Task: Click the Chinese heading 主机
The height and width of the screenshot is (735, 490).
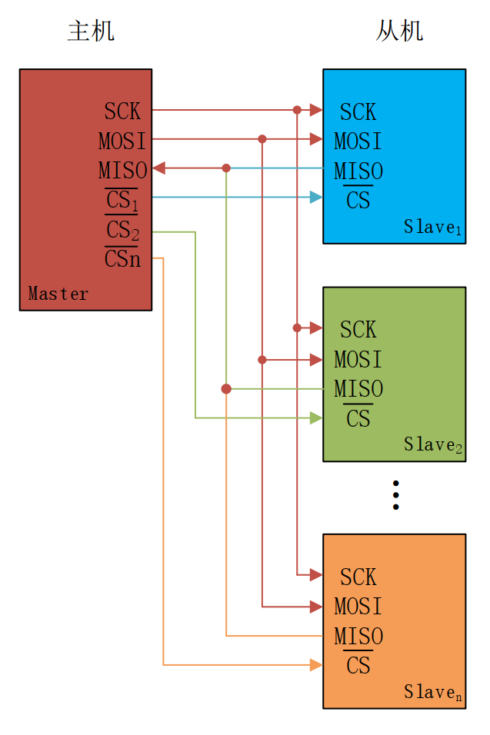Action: (x=91, y=31)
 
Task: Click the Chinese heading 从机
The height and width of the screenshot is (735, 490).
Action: (x=399, y=31)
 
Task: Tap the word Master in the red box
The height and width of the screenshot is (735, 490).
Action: (x=58, y=294)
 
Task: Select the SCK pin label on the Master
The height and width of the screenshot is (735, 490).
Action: (x=122, y=111)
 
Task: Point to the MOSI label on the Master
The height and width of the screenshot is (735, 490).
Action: (x=122, y=141)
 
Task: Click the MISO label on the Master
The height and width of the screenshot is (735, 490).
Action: (x=123, y=170)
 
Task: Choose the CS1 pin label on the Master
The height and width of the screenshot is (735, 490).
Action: (x=122, y=200)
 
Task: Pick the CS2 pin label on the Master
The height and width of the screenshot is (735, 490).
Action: (x=122, y=229)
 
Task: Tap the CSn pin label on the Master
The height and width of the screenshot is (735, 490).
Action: (x=122, y=258)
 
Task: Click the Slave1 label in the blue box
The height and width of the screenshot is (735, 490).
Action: (x=433, y=227)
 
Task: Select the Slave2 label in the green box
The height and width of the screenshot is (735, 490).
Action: (x=433, y=444)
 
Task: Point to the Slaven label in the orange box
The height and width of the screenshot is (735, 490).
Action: (x=433, y=692)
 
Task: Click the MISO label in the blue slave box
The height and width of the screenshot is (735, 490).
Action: (x=358, y=171)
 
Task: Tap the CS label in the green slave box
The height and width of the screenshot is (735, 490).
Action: (x=358, y=417)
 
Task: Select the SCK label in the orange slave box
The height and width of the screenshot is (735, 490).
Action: (x=358, y=577)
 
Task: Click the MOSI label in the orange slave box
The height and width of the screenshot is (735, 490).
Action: (x=358, y=606)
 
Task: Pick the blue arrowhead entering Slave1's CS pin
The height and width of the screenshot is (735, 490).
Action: (x=316, y=198)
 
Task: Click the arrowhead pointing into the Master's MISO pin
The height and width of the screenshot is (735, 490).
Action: (x=159, y=168)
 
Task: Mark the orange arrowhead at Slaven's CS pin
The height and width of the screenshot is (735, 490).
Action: (x=316, y=665)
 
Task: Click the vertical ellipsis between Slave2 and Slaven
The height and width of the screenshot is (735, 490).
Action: (x=395, y=495)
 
